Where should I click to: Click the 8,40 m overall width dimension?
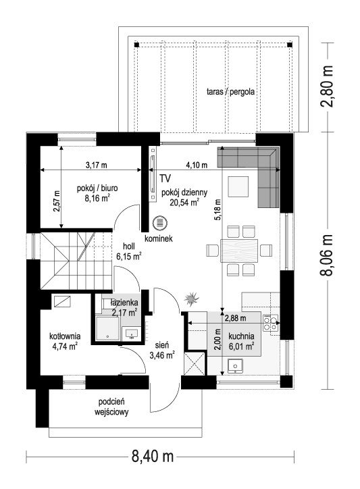[152, 457]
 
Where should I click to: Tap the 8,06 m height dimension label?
[326, 255]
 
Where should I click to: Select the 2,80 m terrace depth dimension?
[326, 86]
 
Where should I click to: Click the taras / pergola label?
[230, 92]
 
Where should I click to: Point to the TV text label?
[165, 178]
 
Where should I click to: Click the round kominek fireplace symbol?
[160, 224]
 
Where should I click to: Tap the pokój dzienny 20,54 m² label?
[184, 197]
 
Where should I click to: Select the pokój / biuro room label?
[97, 188]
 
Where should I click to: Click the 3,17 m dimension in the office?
[96, 165]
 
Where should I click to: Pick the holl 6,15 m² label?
[129, 251]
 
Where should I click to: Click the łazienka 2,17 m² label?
[124, 307]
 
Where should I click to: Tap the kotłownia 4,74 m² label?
[65, 341]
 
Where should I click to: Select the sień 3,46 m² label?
[162, 350]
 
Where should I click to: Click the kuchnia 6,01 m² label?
[241, 341]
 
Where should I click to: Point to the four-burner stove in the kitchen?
[270, 323]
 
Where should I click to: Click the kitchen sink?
[236, 366]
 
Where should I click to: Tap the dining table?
[239, 251]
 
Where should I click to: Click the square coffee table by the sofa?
[238, 187]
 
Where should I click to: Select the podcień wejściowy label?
[111, 407]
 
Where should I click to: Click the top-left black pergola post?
[136, 45]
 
